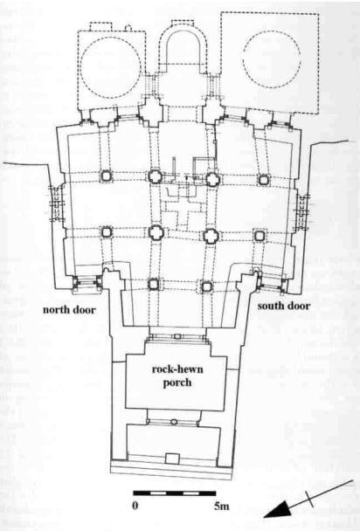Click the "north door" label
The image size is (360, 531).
69,309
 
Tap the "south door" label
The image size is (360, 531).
284,306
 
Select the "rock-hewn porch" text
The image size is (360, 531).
177,376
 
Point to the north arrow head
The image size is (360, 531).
276,511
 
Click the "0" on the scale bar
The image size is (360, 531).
135,506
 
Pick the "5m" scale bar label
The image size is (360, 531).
221,506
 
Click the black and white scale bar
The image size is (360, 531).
175,493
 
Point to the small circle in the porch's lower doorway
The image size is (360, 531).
174,422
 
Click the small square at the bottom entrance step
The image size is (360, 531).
172,459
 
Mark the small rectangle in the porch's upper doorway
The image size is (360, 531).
177,336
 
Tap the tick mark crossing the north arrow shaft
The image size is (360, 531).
309,499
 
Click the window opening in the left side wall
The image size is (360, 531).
57,203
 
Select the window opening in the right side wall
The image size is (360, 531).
302,212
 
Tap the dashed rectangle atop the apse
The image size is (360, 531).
183,23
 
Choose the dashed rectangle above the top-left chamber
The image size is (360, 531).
100,26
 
